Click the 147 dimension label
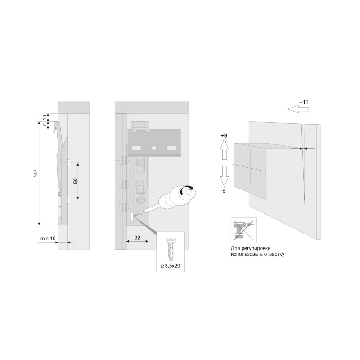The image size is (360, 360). point(36,173)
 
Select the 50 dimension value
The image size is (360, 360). point(76,181)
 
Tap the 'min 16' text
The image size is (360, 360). point(48,238)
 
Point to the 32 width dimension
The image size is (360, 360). point(137,238)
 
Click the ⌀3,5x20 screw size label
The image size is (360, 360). point(171,266)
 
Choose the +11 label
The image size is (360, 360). point(304,102)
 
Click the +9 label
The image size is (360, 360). point(224,136)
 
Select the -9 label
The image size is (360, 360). point(223,190)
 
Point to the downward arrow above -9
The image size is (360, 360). point(224,176)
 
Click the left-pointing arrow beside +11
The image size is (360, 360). point(298,109)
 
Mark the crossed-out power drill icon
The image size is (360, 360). point(244,230)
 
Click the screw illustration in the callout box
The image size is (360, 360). point(171,250)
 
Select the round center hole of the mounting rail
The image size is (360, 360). point(154,148)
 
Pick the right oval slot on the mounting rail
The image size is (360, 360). point(171,148)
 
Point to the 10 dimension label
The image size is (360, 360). point(45,117)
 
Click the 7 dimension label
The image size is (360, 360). point(45,125)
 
